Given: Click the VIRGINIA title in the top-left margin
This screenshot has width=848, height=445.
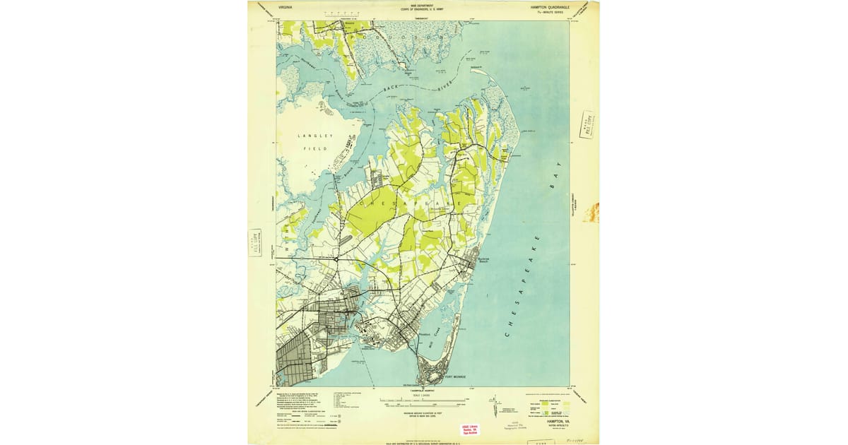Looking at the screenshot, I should pos(285,6).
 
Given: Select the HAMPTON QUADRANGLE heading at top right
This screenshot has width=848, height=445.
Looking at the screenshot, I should pos(550,6).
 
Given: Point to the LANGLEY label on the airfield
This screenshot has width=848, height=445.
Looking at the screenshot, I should pos(310,135).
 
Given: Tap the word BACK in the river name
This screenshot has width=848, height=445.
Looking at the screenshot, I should pos(390,89).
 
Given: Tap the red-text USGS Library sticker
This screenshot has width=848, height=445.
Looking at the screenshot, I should pos(470,430).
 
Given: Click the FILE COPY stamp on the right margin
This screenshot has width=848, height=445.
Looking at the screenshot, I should pos(587,126).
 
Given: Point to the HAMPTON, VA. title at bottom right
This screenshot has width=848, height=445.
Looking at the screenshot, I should pos(552,421).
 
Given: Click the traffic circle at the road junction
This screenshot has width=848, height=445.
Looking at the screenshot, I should pos(337,259).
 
